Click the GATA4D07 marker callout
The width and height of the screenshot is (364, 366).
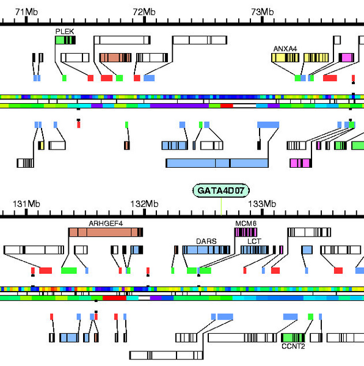click(x=221, y=191)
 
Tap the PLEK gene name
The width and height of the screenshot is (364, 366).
click(x=64, y=30)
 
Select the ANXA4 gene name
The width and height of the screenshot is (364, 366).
click(x=285, y=49)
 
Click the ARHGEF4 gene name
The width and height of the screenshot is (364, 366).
click(x=106, y=223)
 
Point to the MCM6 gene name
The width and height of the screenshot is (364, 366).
click(x=246, y=223)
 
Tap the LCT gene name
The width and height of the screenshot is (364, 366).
click(x=253, y=241)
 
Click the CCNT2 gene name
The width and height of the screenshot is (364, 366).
click(x=293, y=346)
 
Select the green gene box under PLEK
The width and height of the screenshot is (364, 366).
click(x=65, y=40)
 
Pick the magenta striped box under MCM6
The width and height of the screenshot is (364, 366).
click(x=246, y=232)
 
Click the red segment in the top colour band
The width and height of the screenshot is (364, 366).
click(x=227, y=106)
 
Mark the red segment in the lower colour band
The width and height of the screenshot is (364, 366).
click(x=114, y=298)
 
